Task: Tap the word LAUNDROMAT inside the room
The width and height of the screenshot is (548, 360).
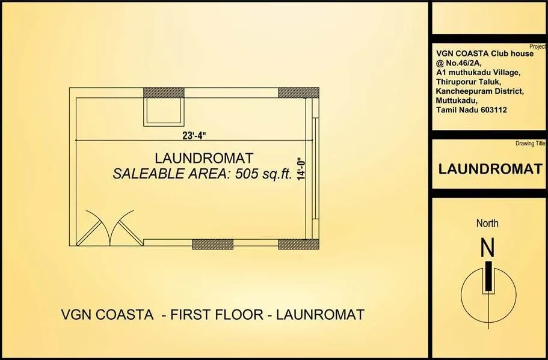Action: click(195, 159)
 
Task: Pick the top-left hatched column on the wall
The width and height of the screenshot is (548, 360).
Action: click(164, 93)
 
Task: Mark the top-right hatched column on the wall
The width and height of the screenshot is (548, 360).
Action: click(298, 93)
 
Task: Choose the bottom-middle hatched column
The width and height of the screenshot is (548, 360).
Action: click(212, 244)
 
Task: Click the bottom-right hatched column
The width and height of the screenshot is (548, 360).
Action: click(298, 244)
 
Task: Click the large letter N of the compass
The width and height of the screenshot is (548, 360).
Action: click(487, 248)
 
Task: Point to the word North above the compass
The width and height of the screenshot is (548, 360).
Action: click(487, 224)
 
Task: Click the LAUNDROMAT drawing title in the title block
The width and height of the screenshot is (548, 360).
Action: click(490, 169)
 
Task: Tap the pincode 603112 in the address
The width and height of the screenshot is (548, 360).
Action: click(490, 111)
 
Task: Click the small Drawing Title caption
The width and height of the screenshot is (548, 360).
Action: click(530, 144)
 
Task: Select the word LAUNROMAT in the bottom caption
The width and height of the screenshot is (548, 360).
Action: click(321, 314)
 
